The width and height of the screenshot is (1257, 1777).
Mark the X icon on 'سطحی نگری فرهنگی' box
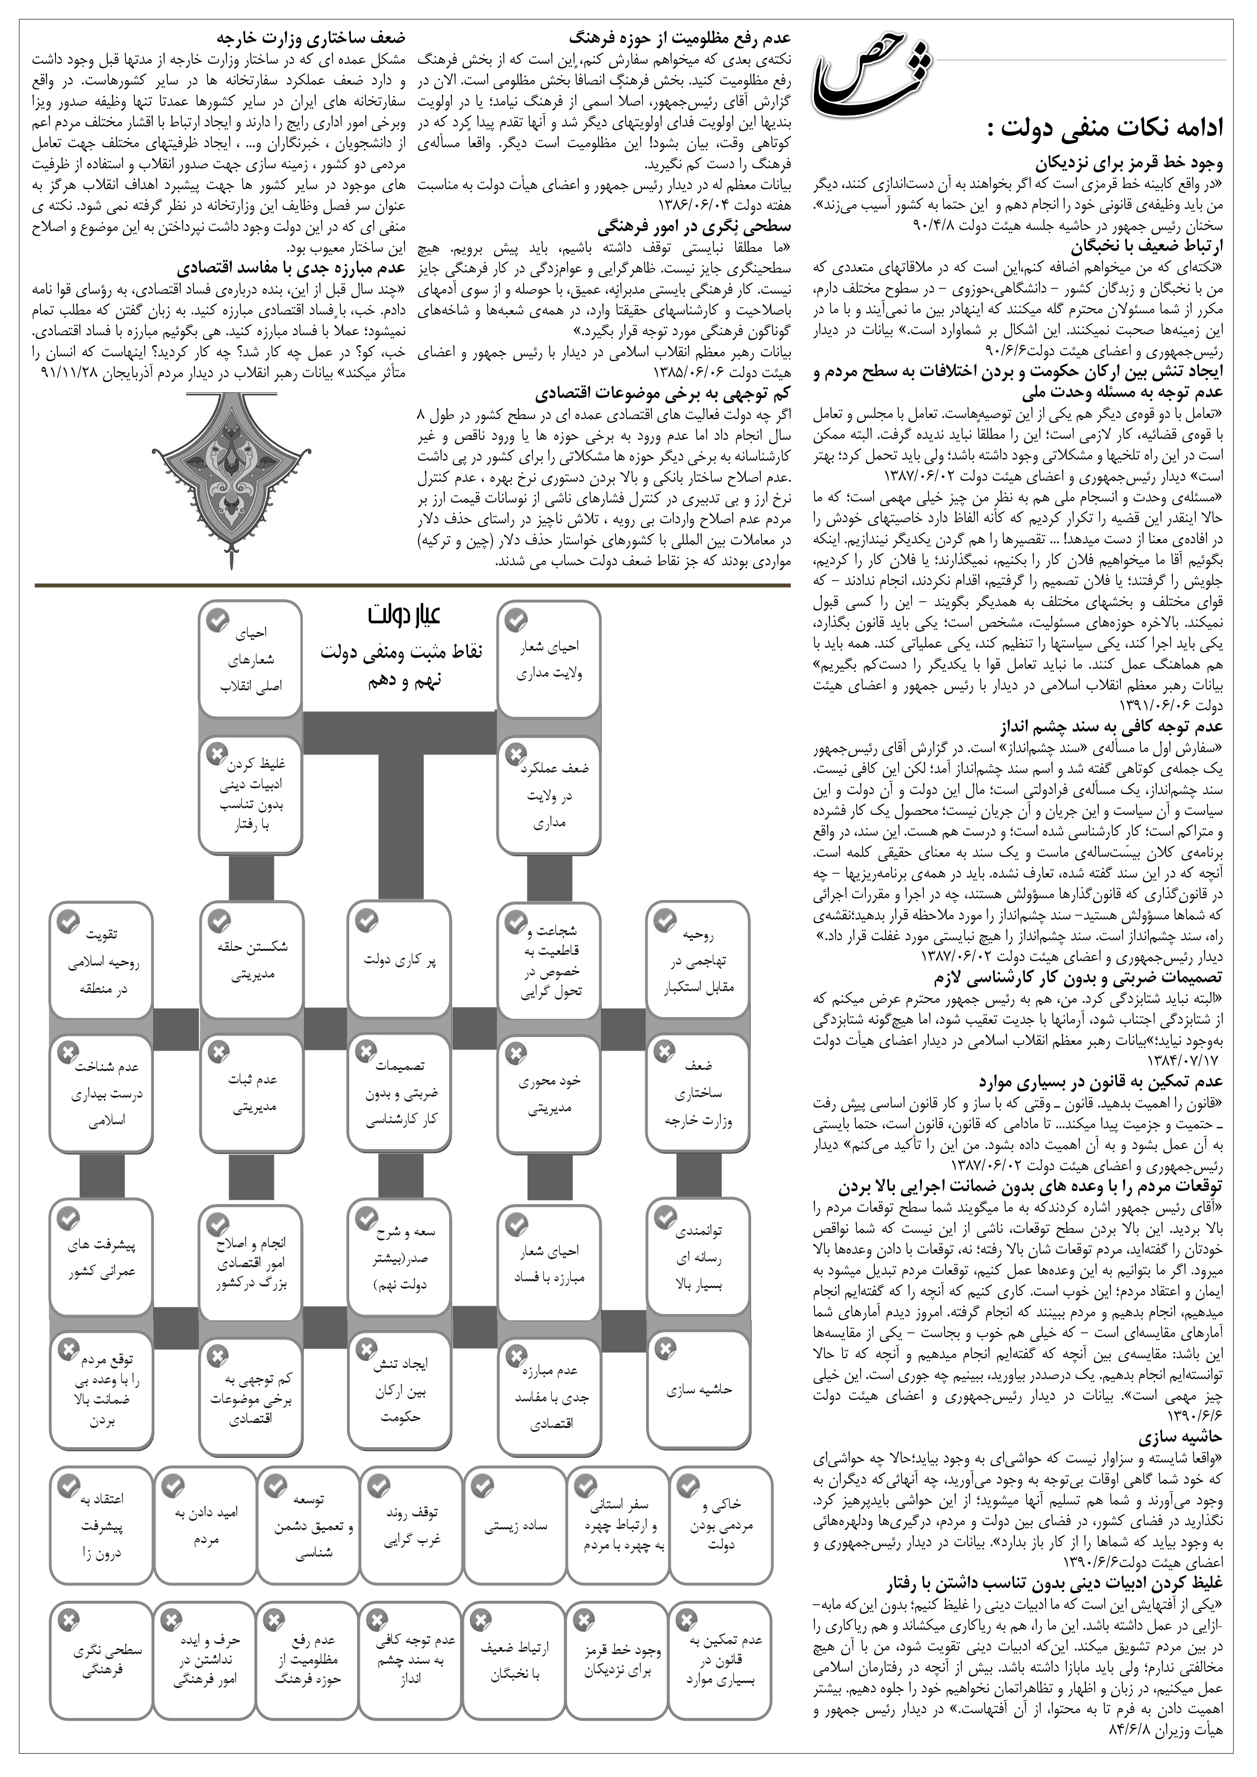[x=68, y=1620]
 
